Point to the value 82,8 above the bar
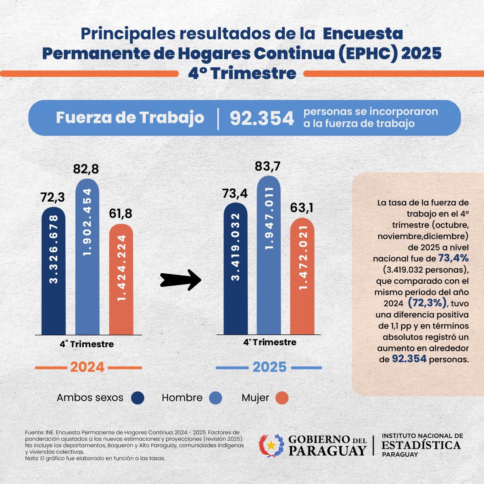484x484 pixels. tap(86, 169)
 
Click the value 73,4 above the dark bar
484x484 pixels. tap(235, 194)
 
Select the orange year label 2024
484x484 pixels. tap(88, 367)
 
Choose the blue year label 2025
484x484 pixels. tap(269, 367)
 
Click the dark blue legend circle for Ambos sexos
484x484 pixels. tap(138, 398)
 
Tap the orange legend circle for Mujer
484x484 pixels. tap(282, 398)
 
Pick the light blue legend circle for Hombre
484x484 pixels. tap(216, 398)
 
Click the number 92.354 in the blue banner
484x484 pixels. tap(262, 118)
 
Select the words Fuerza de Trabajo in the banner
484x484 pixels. tap(130, 117)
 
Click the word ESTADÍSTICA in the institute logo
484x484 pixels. tap(421, 445)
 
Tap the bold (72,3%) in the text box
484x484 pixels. tap(427, 302)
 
